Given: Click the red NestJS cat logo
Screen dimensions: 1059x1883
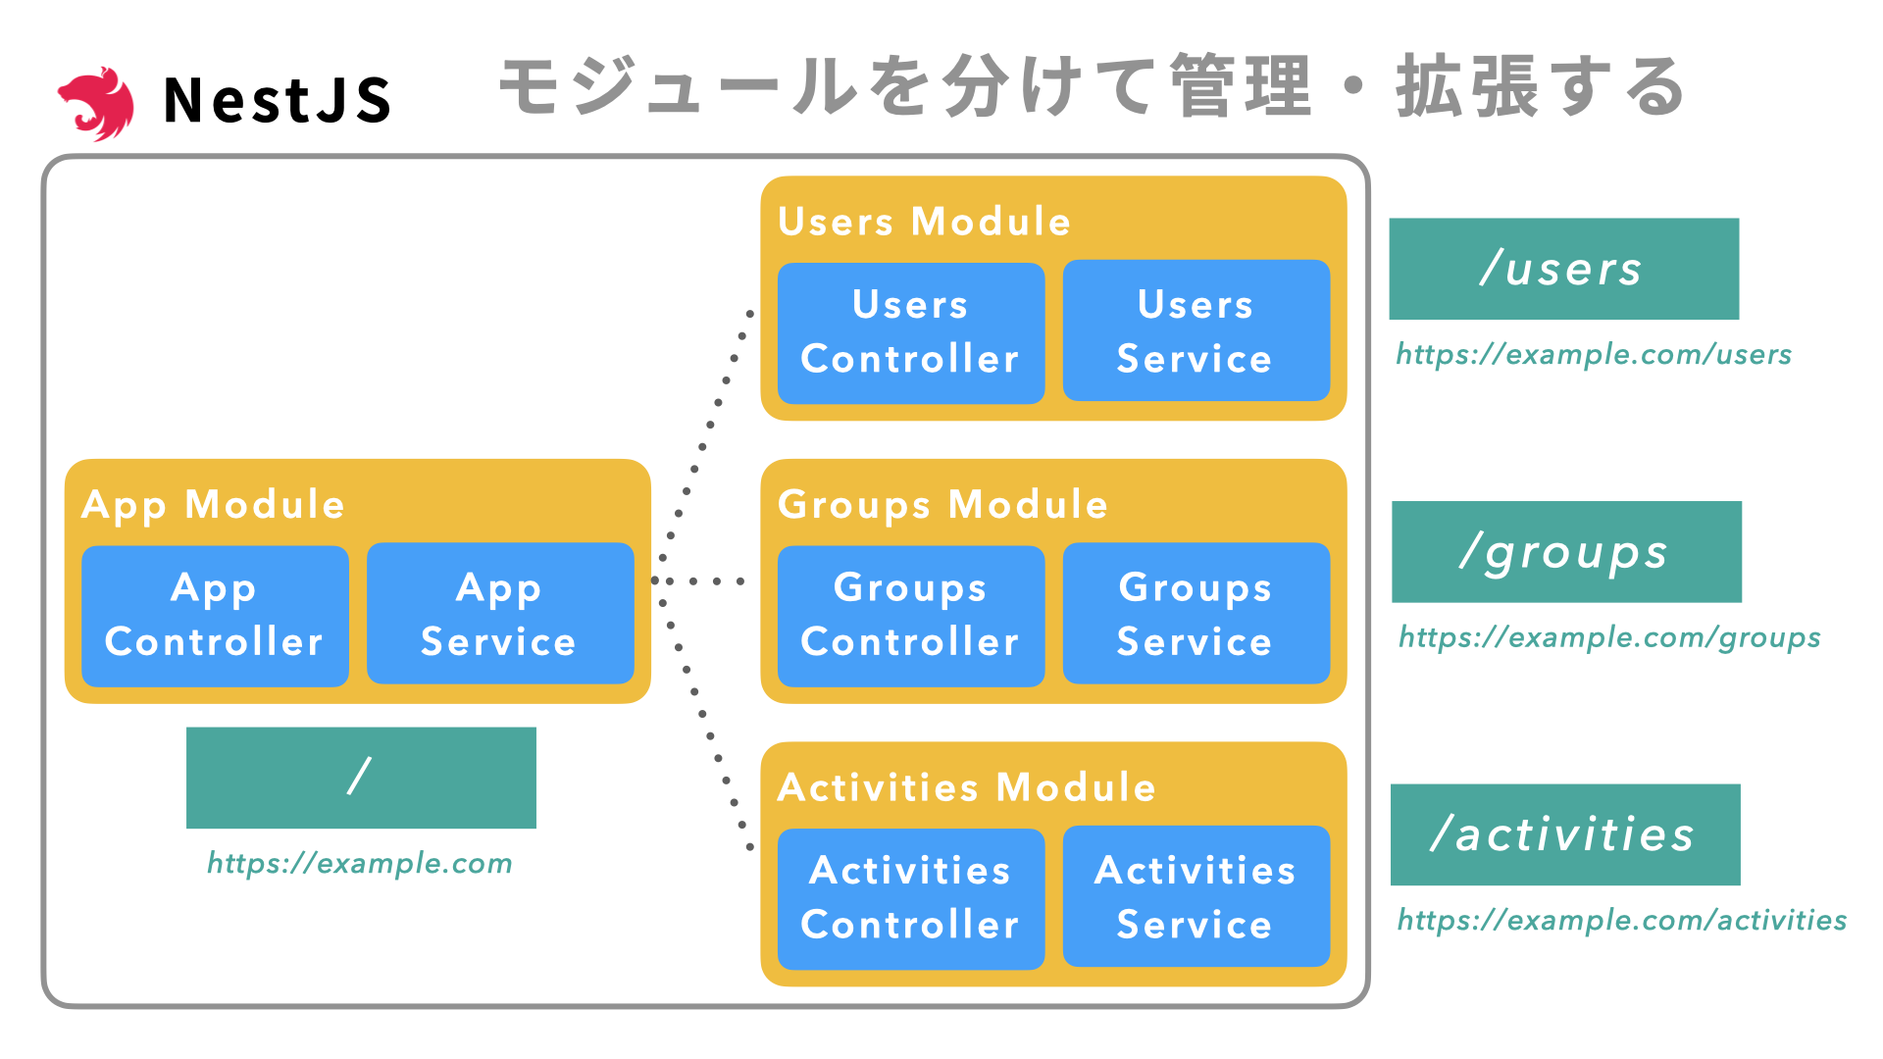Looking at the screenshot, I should click(x=96, y=102).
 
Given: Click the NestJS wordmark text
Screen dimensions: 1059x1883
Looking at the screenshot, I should click(x=278, y=100).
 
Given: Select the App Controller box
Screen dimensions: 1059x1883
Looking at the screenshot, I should click(x=215, y=615).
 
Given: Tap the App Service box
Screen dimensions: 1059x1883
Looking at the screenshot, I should click(x=500, y=614).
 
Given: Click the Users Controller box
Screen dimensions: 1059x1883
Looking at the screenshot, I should click(x=910, y=332).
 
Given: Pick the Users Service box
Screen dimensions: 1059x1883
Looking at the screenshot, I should click(x=1196, y=331).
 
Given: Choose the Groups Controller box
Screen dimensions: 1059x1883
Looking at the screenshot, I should click(x=910, y=615).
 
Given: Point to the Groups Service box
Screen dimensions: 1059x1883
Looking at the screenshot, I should click(x=1196, y=614).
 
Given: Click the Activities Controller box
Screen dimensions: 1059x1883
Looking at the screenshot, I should click(x=910, y=898).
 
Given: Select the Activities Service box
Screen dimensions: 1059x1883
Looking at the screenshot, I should click(x=1196, y=896).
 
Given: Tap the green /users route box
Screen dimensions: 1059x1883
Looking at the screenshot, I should click(x=1563, y=269).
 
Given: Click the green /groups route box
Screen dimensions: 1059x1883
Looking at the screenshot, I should click(x=1566, y=552).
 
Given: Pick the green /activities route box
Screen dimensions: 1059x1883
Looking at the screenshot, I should click(x=1565, y=834).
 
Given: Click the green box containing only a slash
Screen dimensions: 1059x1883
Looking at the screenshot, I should click(x=361, y=778).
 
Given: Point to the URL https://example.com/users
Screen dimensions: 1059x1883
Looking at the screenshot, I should click(x=1593, y=354).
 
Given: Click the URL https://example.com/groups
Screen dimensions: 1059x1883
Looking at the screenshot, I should click(x=1608, y=637).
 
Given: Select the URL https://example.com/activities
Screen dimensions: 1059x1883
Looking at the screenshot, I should click(x=1621, y=920).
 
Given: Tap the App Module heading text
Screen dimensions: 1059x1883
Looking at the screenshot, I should click(x=213, y=505).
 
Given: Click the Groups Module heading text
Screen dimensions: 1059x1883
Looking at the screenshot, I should click(x=941, y=505).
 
